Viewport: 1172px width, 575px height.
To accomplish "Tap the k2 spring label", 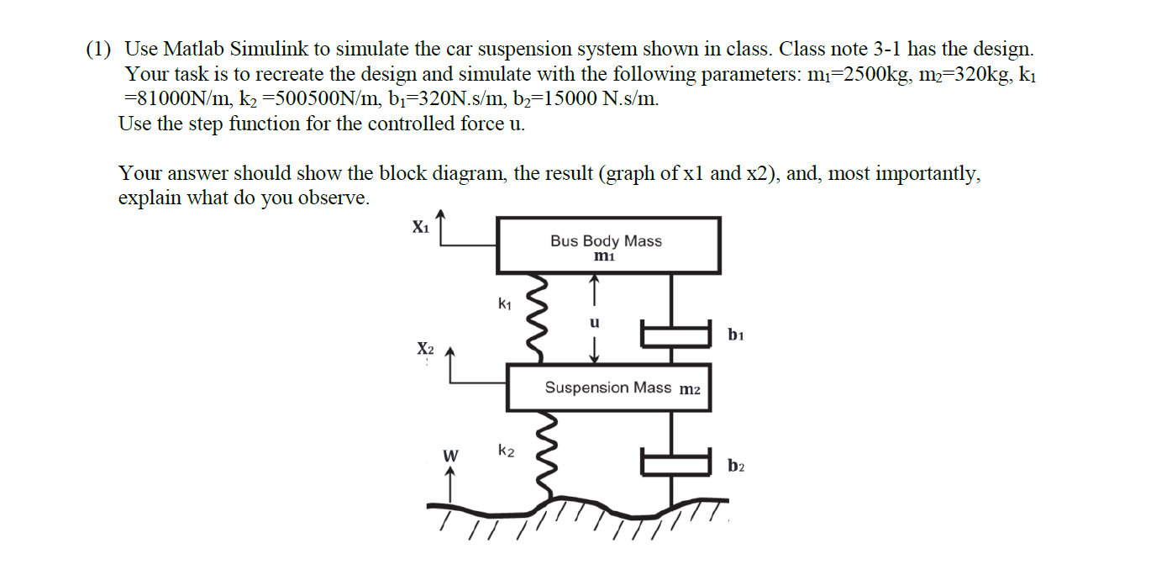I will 505,451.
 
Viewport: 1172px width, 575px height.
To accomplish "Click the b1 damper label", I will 736,335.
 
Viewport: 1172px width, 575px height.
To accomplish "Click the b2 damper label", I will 736,466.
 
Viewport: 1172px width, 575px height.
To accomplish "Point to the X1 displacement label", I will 420,226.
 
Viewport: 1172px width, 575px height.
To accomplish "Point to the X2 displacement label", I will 426,349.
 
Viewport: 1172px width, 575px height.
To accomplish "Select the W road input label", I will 450,456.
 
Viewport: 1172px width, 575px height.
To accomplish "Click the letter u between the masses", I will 595,323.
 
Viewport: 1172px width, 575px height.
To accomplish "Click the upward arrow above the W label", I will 450,484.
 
